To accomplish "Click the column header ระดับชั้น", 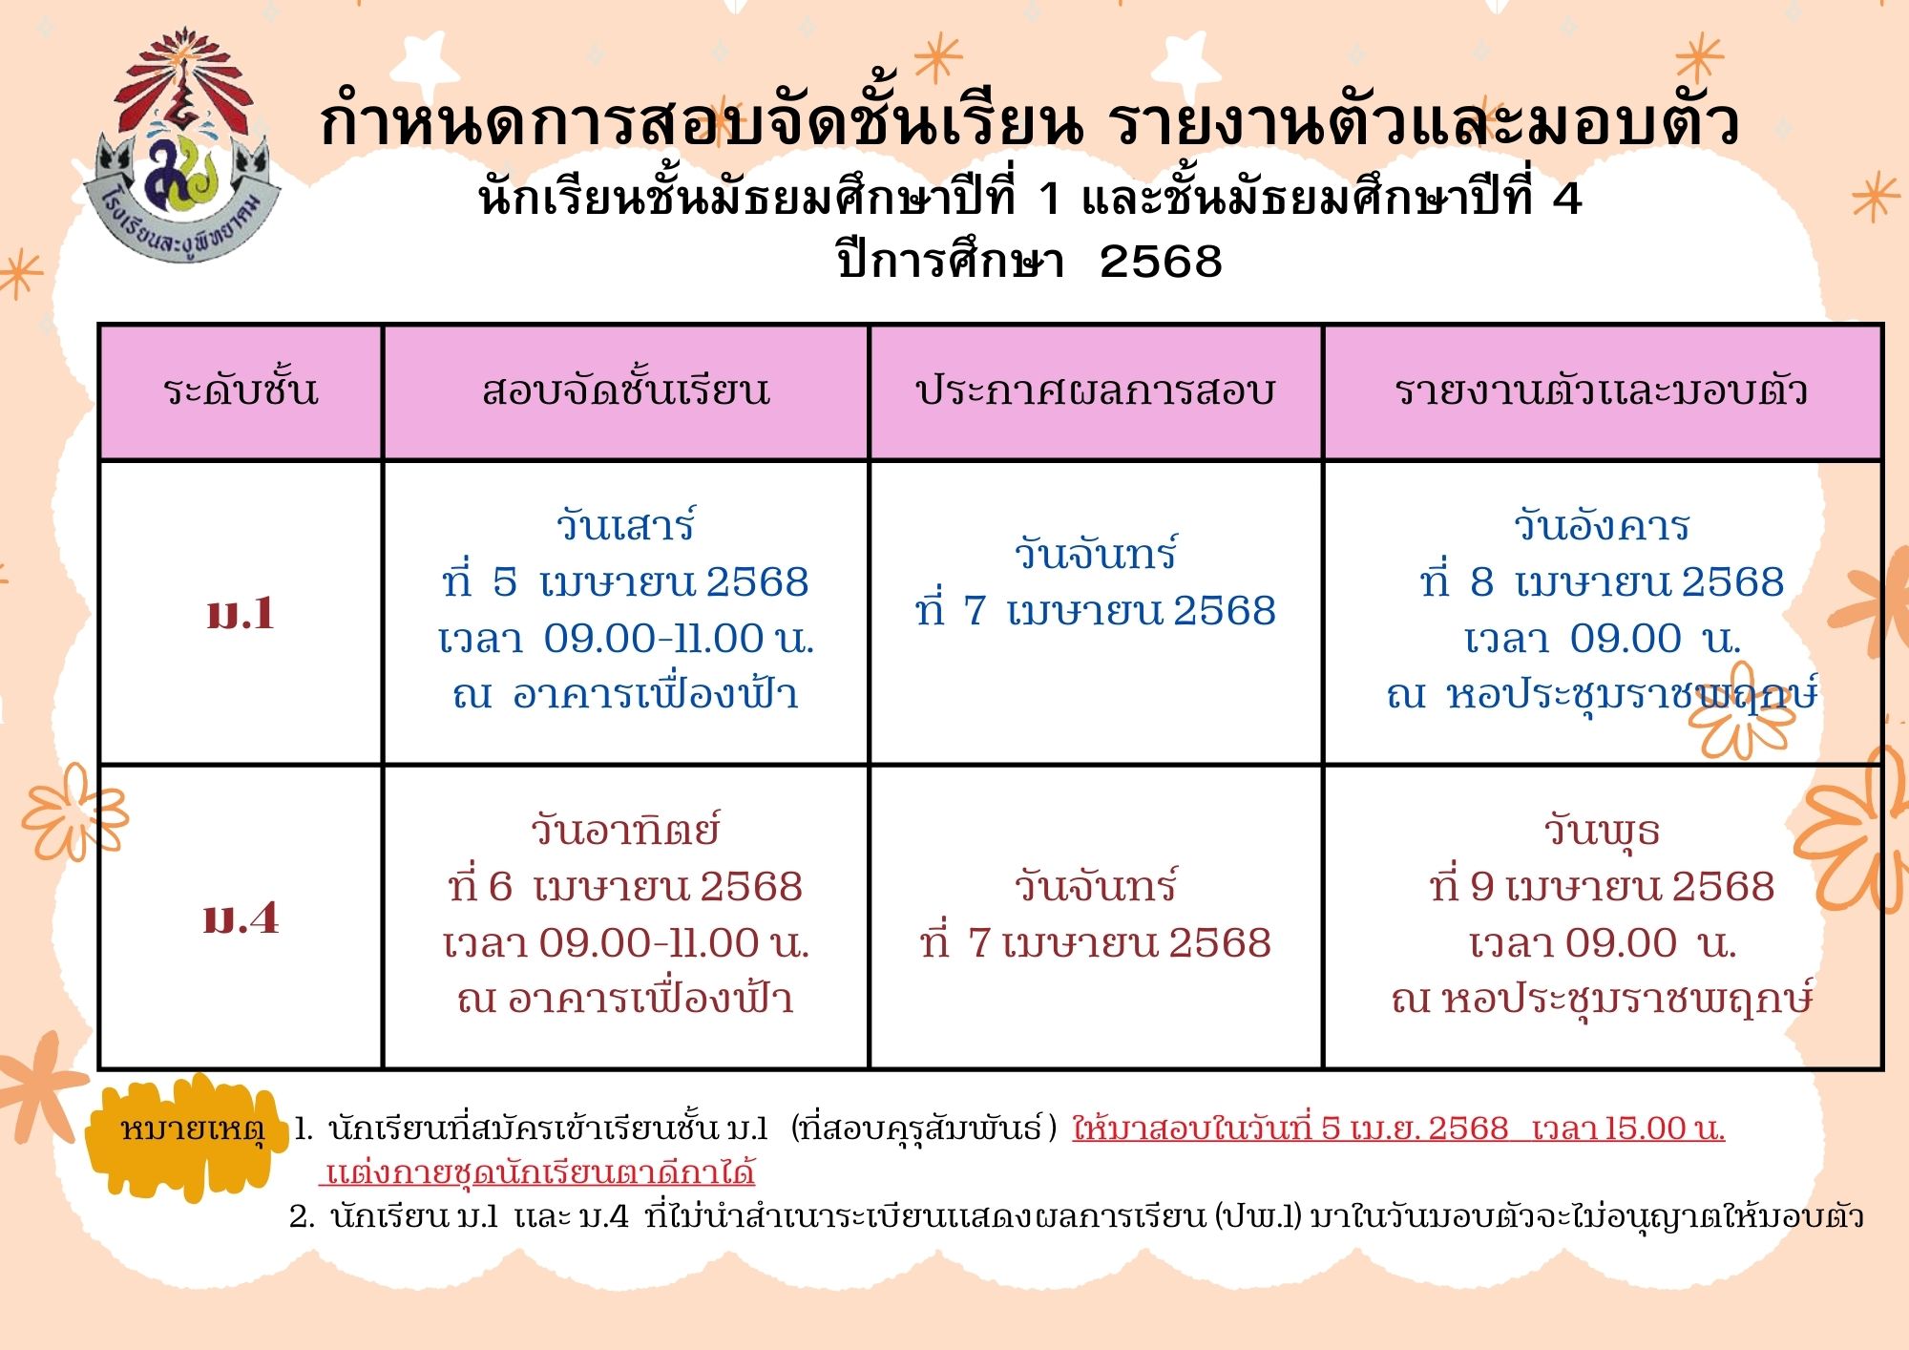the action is click(241, 390).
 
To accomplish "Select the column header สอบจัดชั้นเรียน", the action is click(626, 390).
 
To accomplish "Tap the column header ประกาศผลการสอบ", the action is click(1096, 390).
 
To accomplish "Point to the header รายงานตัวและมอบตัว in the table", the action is click(1602, 390).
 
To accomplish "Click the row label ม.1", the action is click(241, 613).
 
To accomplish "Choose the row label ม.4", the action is click(241, 918).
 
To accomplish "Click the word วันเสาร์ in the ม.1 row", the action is click(626, 525).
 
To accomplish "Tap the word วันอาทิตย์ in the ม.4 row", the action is click(626, 830).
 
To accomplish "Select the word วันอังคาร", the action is click(1602, 525).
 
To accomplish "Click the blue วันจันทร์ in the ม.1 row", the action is click(1096, 554).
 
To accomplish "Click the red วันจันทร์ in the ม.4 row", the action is click(1096, 886).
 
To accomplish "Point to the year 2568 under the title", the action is click(1161, 262).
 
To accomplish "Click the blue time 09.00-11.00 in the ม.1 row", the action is click(655, 639).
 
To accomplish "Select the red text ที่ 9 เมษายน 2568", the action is click(1602, 887).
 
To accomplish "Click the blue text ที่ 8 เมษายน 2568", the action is click(1602, 582).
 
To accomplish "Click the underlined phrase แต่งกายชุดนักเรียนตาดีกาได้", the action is click(540, 1171).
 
